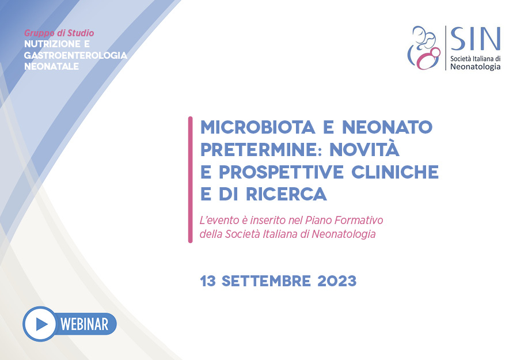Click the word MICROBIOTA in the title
point(258,127)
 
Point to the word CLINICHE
point(395,172)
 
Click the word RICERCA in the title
point(286,194)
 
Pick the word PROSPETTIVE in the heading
point(281,172)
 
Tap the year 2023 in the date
point(337,281)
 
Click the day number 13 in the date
point(208,281)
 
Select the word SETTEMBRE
point(266,281)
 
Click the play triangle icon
point(41,324)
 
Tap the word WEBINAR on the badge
point(85,324)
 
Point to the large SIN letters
point(475,39)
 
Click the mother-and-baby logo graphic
point(424,48)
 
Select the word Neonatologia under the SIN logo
point(475,66)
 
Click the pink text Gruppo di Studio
point(59,33)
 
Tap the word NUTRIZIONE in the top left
point(52,44)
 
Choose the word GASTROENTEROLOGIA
point(75,55)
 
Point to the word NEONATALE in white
point(51,66)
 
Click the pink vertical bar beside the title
point(190,180)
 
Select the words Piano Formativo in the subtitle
point(344,220)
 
